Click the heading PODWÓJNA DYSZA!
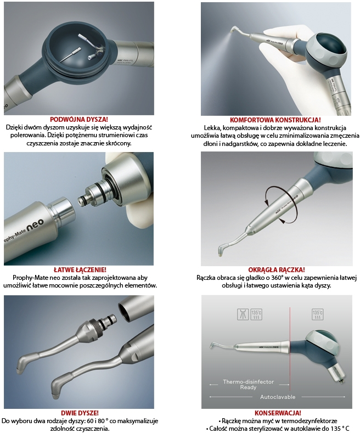click(x=79, y=120)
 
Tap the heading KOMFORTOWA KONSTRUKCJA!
click(x=275, y=120)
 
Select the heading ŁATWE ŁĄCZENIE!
click(x=80, y=270)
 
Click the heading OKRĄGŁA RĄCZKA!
click(x=277, y=270)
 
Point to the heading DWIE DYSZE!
click(x=80, y=413)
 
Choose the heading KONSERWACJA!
click(x=278, y=413)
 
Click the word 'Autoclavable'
click(x=278, y=397)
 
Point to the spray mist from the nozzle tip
click(x=218, y=43)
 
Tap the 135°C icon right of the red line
click(x=318, y=314)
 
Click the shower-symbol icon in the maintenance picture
click(x=243, y=314)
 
